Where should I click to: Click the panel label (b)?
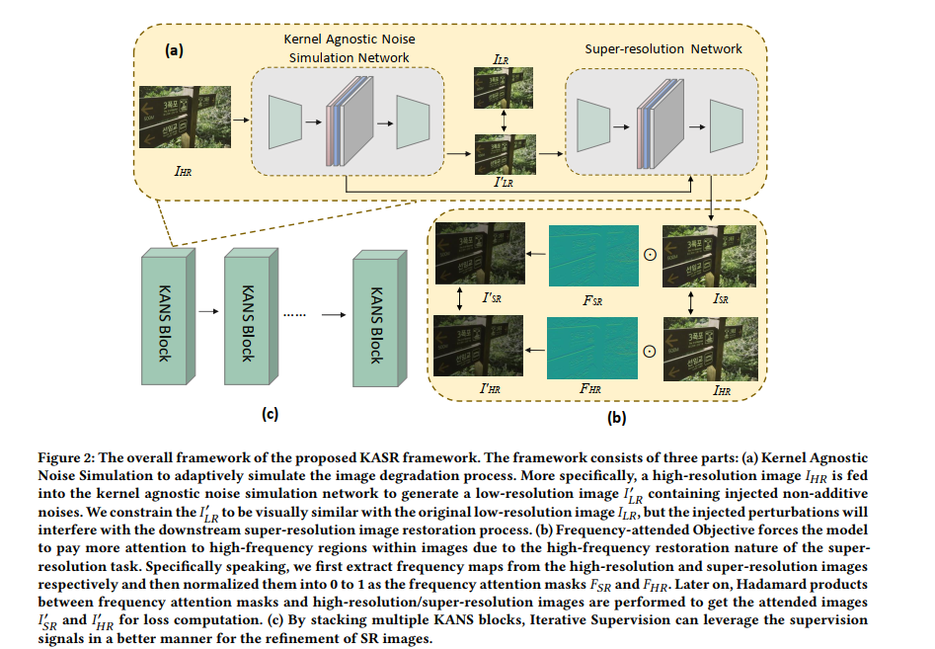coord(616,418)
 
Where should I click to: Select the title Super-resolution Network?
coord(662,48)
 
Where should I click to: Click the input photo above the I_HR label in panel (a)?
coord(182,116)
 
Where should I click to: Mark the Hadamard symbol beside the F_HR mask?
coord(649,350)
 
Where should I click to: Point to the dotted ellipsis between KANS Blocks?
coord(295,314)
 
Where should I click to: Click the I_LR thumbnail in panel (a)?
coord(504,87)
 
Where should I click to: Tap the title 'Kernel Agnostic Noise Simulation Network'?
coord(351,48)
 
